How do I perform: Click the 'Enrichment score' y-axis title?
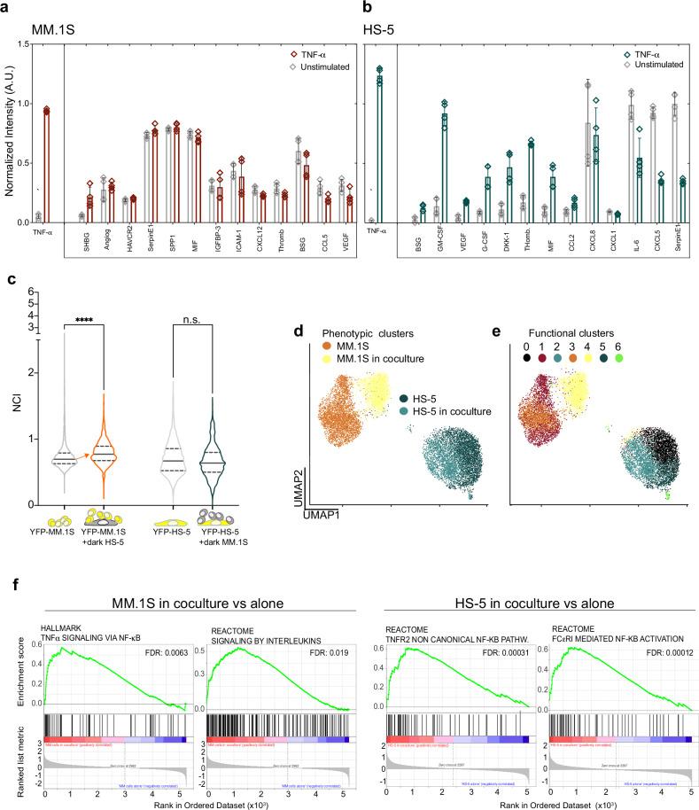click(12, 661)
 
